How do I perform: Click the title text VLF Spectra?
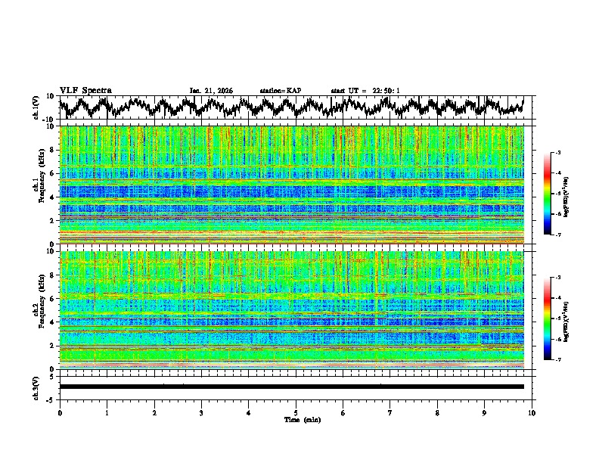(x=85, y=90)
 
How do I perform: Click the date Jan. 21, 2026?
(x=211, y=91)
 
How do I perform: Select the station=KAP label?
(x=280, y=91)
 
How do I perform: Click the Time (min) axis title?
(x=296, y=419)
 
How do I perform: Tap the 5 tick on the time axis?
(x=296, y=412)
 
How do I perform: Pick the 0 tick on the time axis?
(x=60, y=412)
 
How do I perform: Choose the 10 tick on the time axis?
(x=532, y=412)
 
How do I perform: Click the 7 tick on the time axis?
(x=390, y=412)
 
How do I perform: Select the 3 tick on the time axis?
(x=201, y=412)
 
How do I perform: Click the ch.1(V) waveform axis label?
(x=38, y=107)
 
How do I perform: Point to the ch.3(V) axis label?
(x=38, y=387)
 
